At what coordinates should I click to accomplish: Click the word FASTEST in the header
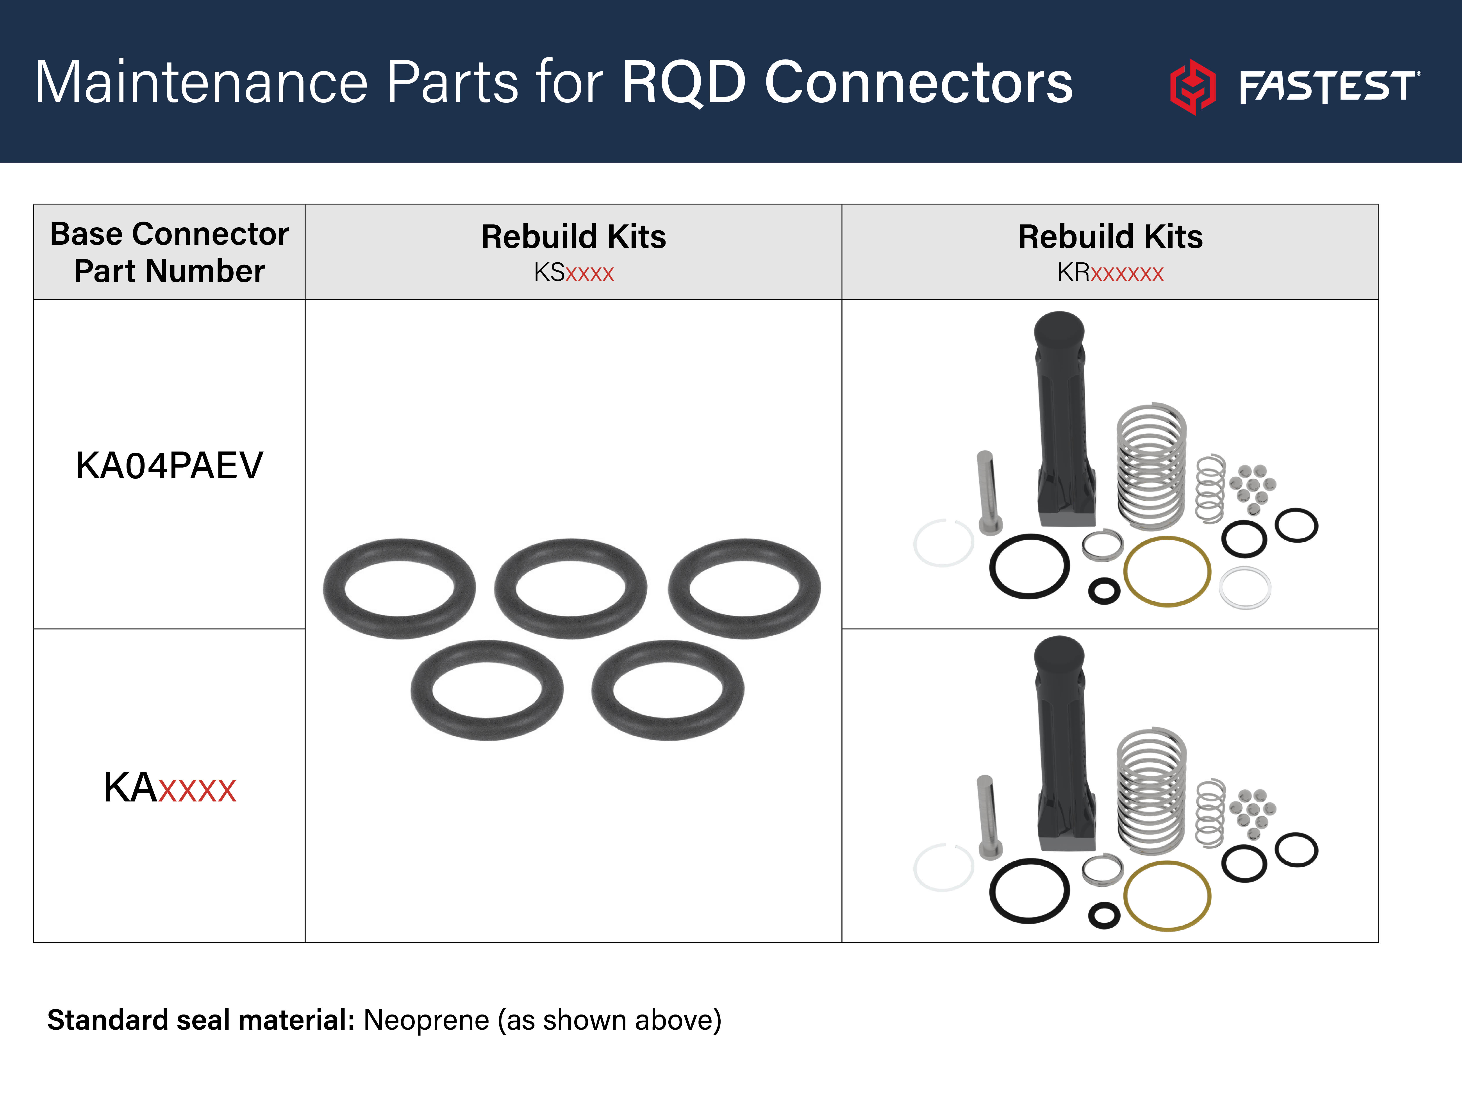[1327, 87]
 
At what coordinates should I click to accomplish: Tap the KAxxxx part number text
[169, 788]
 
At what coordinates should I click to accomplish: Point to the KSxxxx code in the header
[574, 272]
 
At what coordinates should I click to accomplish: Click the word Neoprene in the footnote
[426, 1020]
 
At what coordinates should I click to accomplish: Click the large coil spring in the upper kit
[1151, 466]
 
